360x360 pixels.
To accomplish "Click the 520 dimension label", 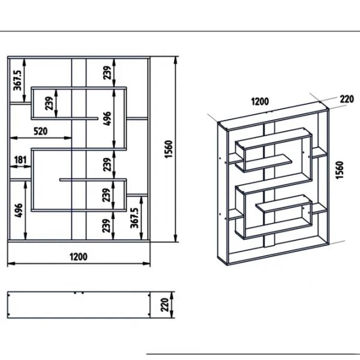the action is (x=41, y=131).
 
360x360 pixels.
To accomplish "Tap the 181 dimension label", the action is (x=20, y=160).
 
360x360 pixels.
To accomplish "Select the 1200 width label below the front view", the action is (x=79, y=257).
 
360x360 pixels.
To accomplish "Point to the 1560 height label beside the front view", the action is (x=169, y=149).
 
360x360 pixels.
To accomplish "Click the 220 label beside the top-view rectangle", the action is (x=165, y=305).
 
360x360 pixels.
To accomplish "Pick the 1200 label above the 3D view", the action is (x=260, y=101).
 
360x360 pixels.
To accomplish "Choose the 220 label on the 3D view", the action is (x=347, y=99).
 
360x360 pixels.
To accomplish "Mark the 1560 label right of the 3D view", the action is (x=340, y=170).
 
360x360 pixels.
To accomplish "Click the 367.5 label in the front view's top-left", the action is (x=17, y=80).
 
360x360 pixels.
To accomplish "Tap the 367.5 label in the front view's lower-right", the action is (x=134, y=218).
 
